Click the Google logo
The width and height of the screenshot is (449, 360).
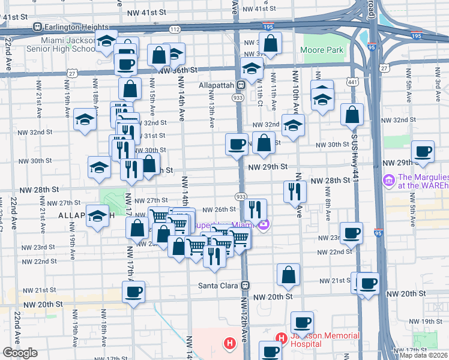[20, 353]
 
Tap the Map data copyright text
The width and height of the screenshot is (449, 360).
[424, 355]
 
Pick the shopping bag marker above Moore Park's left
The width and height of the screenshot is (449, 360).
[271, 43]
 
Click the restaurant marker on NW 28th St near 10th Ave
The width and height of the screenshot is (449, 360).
[294, 191]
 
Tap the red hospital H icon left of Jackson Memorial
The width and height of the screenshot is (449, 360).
[229, 344]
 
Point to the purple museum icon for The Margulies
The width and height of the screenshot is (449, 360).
[388, 179]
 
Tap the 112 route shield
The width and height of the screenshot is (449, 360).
[175, 29]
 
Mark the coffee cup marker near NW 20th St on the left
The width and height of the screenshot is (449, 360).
[133, 292]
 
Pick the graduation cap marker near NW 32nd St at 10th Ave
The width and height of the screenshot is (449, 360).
[294, 125]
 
